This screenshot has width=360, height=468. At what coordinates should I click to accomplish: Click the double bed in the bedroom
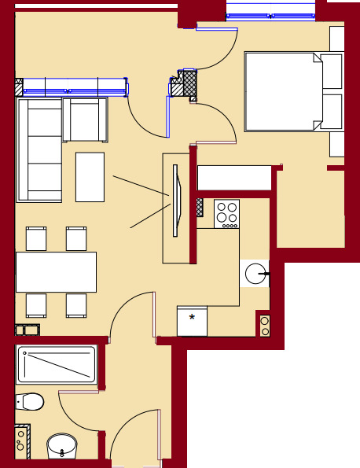[283, 91]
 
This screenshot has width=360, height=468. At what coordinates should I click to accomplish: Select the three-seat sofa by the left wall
[39, 149]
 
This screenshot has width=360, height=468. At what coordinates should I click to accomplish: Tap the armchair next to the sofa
[85, 120]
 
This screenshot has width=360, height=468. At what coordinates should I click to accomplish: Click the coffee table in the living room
[90, 177]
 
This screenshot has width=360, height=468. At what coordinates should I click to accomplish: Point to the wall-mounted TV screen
[175, 201]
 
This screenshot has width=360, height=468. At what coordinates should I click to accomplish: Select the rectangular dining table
[56, 272]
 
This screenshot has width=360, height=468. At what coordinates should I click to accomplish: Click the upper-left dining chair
[36, 238]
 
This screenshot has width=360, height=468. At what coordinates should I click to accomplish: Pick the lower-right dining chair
[76, 305]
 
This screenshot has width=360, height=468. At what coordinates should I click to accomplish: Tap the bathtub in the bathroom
[56, 364]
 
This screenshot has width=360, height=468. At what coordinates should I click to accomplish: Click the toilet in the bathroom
[30, 402]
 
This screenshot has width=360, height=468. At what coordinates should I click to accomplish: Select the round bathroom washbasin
[62, 446]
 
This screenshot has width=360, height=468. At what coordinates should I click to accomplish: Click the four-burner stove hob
[226, 213]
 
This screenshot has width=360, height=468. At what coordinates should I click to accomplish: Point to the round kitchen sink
[255, 274]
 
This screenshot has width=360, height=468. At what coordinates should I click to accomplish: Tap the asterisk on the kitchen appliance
[192, 319]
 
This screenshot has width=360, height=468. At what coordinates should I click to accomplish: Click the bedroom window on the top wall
[270, 11]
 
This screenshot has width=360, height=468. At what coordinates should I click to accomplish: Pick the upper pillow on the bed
[331, 72]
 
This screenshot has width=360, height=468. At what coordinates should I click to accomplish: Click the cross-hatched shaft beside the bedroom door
[189, 83]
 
